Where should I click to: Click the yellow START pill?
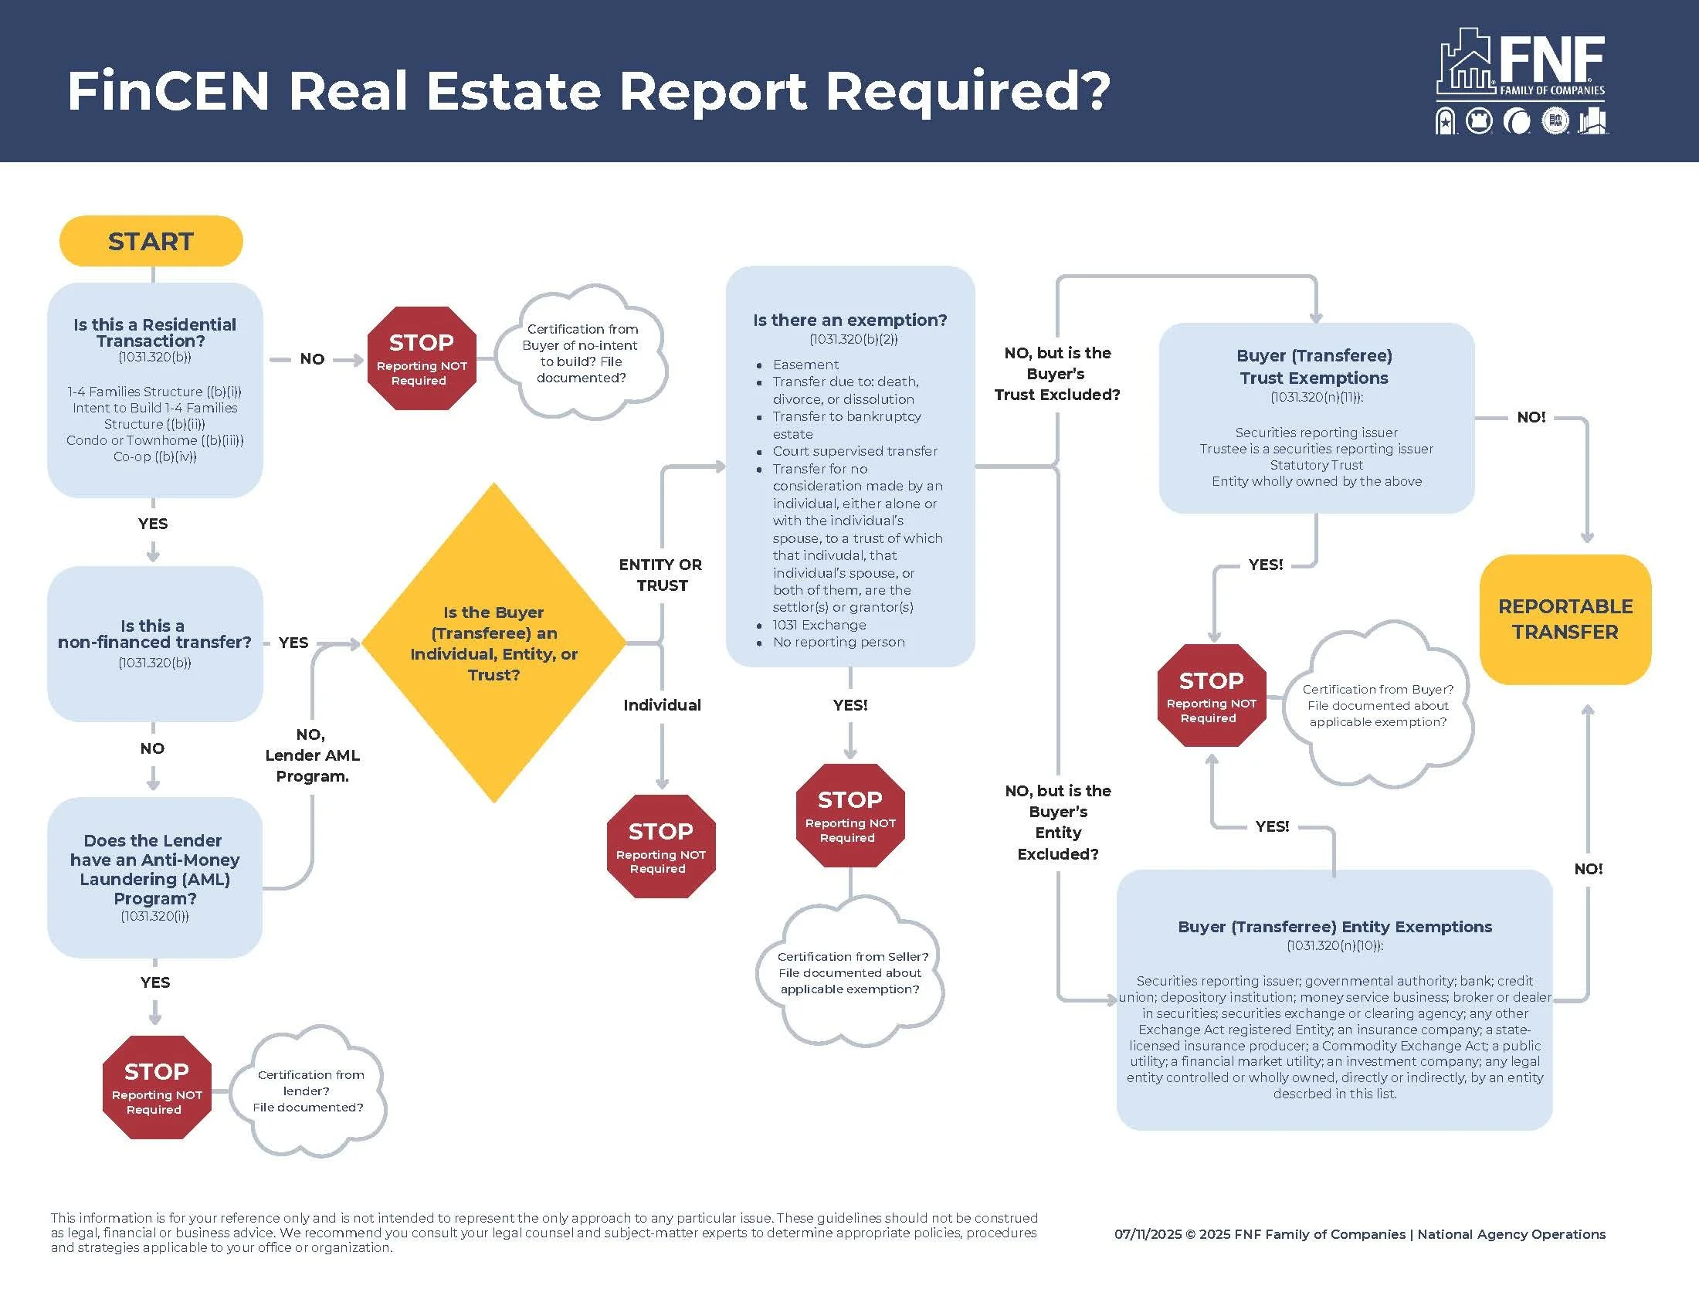click(151, 241)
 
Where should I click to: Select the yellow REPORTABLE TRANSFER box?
click(1565, 619)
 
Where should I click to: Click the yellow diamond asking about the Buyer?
click(494, 643)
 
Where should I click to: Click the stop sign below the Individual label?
click(660, 846)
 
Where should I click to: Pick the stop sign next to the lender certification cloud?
click(156, 1087)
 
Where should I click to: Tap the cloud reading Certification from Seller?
click(851, 972)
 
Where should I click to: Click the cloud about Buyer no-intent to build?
click(581, 353)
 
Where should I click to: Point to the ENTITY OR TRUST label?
click(660, 575)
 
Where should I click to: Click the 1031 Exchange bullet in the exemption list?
click(819, 625)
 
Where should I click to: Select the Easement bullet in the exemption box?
click(805, 364)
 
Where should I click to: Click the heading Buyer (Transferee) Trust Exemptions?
click(1314, 366)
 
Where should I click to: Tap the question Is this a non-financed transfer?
click(154, 634)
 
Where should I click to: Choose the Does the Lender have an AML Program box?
click(154, 877)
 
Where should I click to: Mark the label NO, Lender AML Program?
click(312, 755)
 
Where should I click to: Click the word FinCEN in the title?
click(168, 91)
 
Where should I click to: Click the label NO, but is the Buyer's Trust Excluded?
click(1057, 373)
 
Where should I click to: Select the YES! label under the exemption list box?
click(850, 704)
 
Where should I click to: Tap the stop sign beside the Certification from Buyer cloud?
click(1211, 695)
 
